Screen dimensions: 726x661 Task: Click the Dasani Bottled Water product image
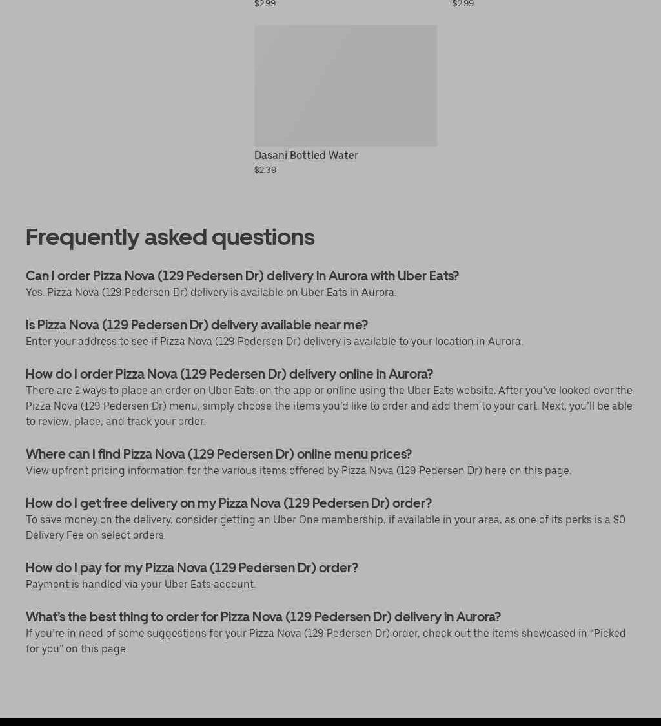345,85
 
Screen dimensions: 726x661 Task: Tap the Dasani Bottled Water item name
306,155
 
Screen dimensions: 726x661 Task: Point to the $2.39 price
265,170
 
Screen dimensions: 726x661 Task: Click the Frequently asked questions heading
170,237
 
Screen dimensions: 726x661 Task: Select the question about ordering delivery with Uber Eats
242,276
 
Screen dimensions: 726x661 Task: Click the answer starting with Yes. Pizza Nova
211,292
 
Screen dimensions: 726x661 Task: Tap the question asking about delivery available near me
197,325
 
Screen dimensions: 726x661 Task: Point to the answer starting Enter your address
274,341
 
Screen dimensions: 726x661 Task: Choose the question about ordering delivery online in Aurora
229,374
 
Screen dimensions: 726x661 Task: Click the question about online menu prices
219,454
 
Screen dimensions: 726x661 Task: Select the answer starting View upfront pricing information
298,470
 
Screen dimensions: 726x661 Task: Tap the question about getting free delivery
229,503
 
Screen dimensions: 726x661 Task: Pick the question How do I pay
192,568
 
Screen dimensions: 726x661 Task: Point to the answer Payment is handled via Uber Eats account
141,584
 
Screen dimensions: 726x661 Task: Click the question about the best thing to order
263,617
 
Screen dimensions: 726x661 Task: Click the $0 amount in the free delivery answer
618,519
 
